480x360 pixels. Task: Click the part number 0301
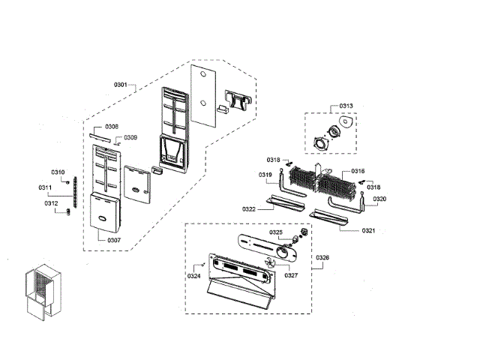tap(121, 85)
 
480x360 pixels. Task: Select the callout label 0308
tap(112, 126)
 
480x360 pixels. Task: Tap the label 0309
tap(130, 137)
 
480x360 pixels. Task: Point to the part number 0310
tap(58, 172)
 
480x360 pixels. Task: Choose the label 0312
tap(50, 203)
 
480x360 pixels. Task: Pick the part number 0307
tap(113, 240)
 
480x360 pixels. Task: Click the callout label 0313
tap(346, 106)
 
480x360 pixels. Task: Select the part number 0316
tap(358, 172)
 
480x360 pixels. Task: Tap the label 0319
tap(265, 175)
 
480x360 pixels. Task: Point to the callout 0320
tap(379, 199)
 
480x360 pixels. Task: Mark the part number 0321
tap(369, 231)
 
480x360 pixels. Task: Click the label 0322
tap(250, 208)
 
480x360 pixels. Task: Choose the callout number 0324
tap(194, 277)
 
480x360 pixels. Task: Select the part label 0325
tap(277, 232)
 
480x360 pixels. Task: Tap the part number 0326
tap(322, 258)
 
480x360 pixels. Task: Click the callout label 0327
tap(291, 275)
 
